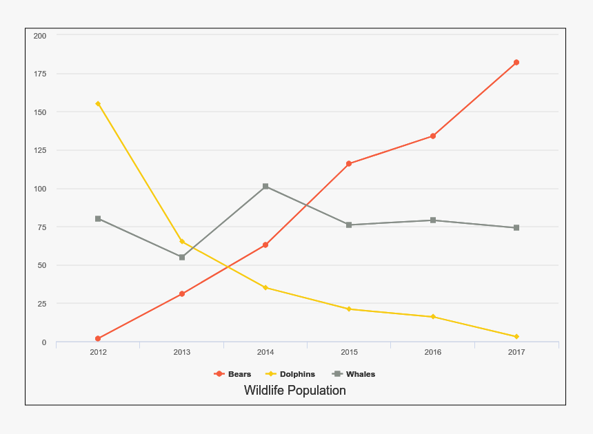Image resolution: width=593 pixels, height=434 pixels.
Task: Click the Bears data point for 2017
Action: [x=516, y=63]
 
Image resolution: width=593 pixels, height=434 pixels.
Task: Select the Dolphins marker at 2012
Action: [x=98, y=104]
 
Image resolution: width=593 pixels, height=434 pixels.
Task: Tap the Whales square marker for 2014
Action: [x=265, y=187]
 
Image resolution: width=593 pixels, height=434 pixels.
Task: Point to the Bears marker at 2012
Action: [x=98, y=339]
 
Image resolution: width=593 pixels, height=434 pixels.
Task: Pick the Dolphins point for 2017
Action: [x=516, y=337]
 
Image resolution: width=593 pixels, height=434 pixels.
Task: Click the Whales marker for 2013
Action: [x=182, y=258]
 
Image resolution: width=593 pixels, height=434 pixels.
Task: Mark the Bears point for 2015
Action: [x=349, y=164]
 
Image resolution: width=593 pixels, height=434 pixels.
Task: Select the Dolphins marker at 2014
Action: [x=265, y=288]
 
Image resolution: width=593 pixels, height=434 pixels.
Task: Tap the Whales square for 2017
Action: [x=516, y=228]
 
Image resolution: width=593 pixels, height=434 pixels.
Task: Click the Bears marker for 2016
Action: [x=433, y=136]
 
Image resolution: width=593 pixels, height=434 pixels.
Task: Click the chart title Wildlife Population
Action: [x=295, y=391]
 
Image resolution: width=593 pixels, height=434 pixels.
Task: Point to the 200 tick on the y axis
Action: [x=40, y=36]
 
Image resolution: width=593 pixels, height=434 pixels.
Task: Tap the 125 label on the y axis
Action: [x=40, y=150]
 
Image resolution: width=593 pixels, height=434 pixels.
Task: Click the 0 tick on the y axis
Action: [x=44, y=342]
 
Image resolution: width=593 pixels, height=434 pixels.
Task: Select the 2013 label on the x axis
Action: [x=182, y=353]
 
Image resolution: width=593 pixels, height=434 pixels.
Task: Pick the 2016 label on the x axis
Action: [x=433, y=353]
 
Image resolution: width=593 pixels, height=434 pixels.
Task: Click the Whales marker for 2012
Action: [x=98, y=219]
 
